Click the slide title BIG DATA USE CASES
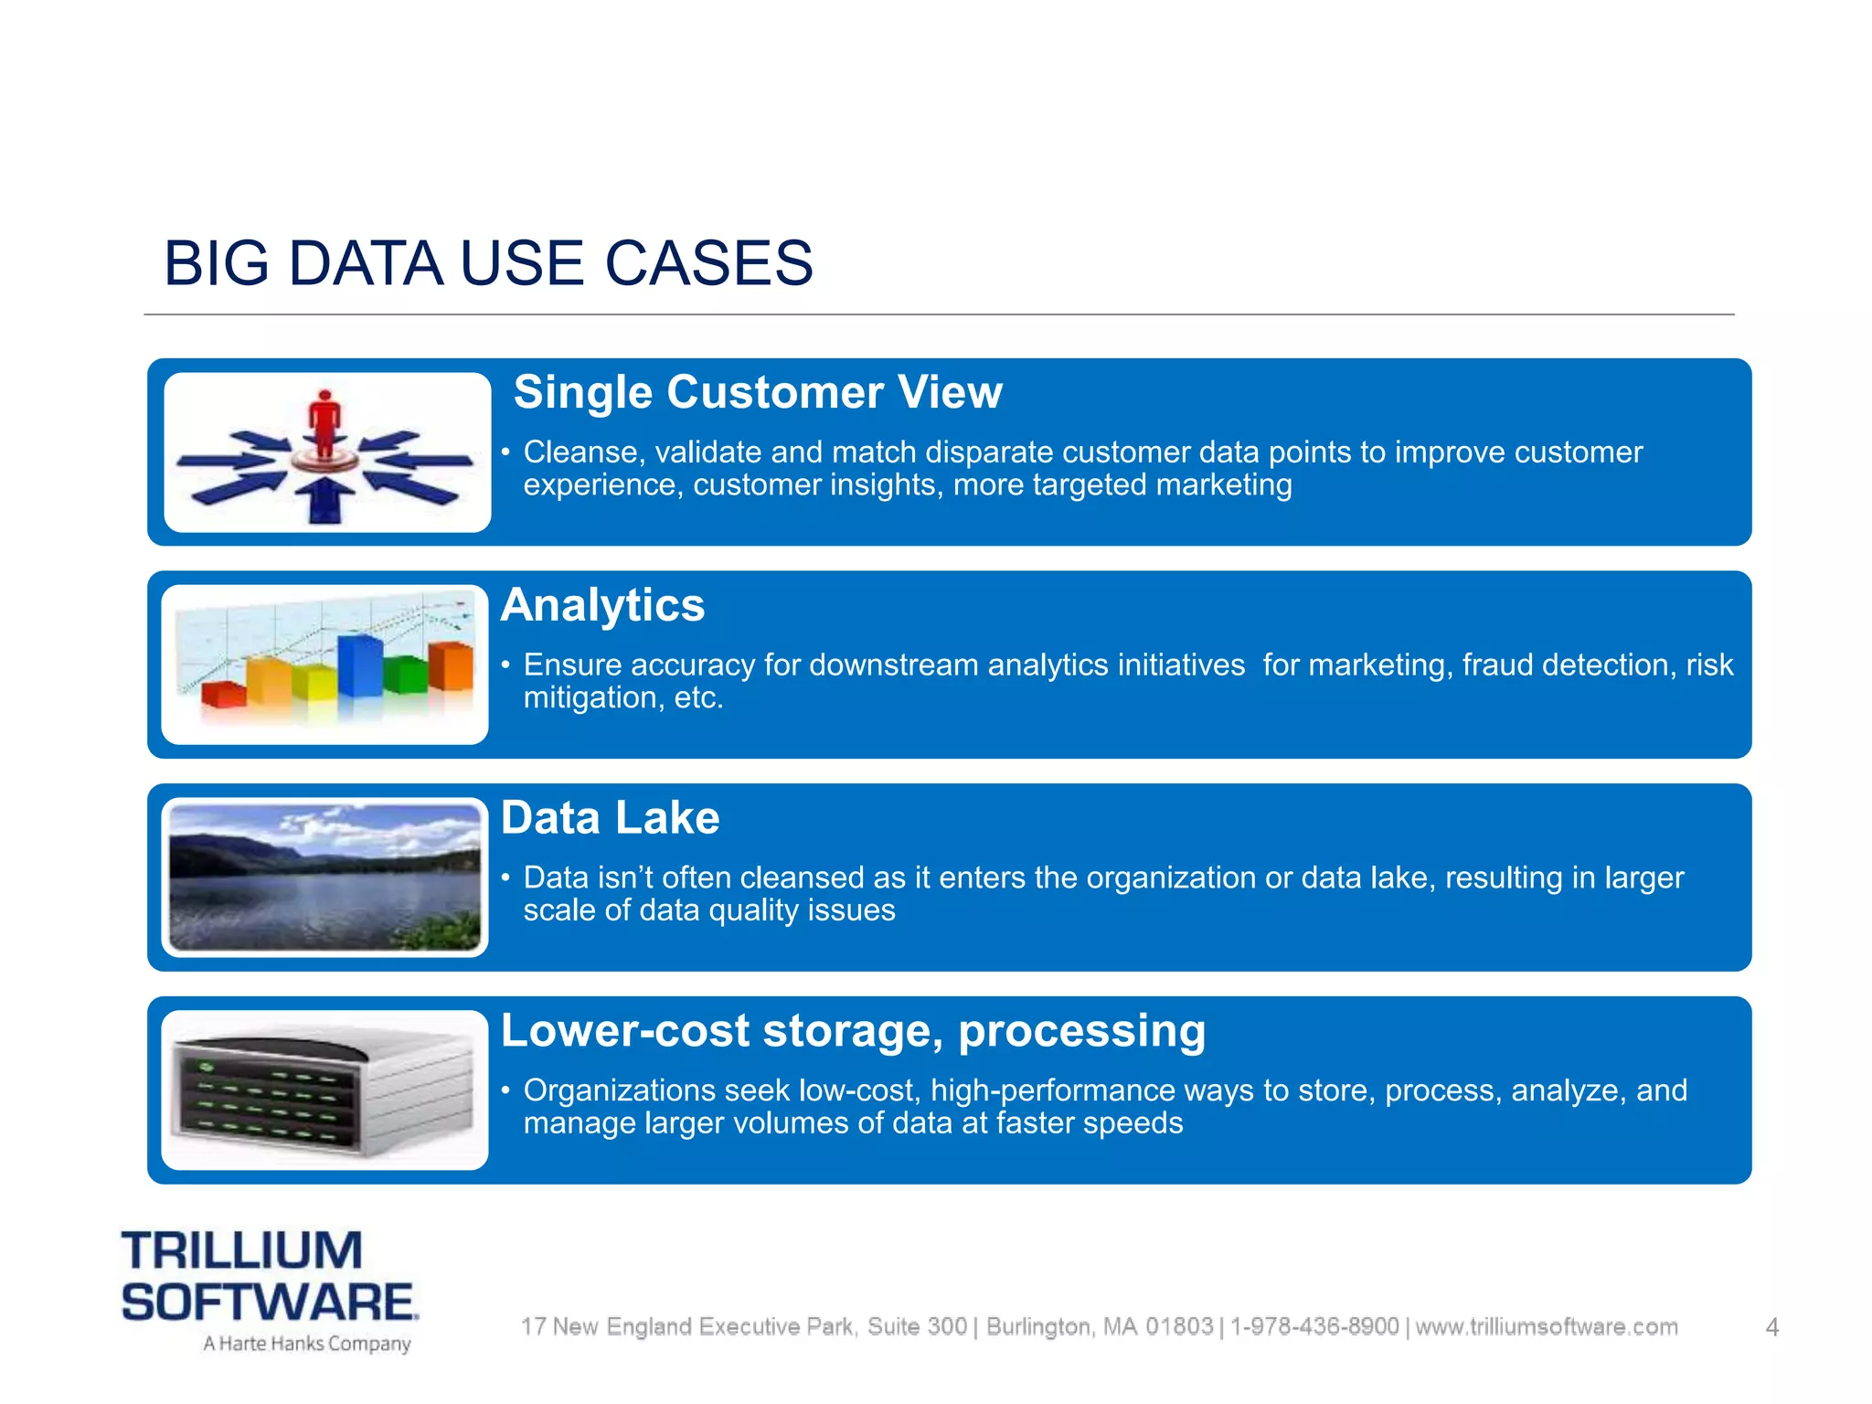(x=488, y=263)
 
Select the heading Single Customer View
(x=758, y=392)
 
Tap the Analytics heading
(x=602, y=605)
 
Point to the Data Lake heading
(x=610, y=818)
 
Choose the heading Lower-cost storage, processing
(x=853, y=1031)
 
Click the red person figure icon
(x=324, y=422)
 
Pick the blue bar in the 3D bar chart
(x=359, y=665)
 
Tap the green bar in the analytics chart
(x=405, y=674)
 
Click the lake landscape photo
(x=324, y=877)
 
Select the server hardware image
(x=324, y=1090)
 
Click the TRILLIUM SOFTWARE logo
(x=269, y=1276)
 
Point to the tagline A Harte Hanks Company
(x=307, y=1344)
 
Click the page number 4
(x=1771, y=1327)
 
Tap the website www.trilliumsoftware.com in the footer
(x=1547, y=1327)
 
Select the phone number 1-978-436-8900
(x=1314, y=1327)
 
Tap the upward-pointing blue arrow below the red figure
(x=324, y=501)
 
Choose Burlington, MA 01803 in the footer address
(x=1100, y=1327)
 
